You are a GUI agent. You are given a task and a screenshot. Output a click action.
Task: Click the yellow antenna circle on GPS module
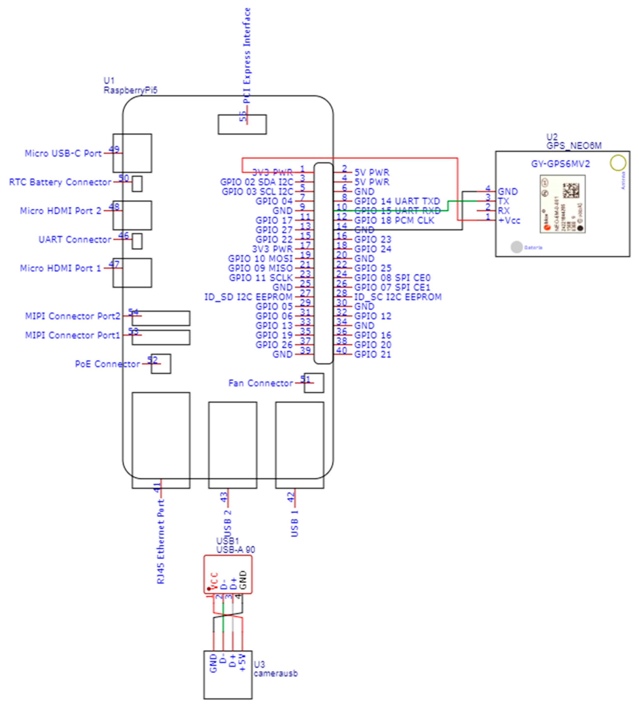click(x=618, y=163)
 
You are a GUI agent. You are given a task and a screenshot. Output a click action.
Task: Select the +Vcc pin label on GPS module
click(x=509, y=220)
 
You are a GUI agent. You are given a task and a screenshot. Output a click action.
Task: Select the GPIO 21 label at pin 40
click(x=372, y=354)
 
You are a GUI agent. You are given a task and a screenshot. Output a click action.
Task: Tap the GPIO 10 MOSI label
click(x=260, y=258)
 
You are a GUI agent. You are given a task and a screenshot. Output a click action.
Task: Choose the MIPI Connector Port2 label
click(x=72, y=316)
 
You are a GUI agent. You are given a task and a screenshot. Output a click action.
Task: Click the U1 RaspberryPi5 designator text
click(x=130, y=86)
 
